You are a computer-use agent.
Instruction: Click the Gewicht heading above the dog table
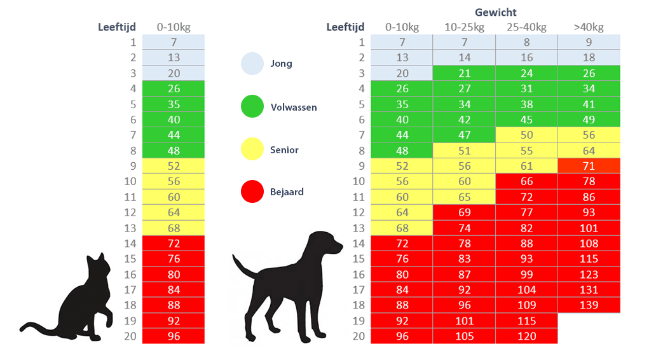pos(496,12)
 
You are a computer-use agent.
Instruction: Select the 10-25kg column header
pos(464,27)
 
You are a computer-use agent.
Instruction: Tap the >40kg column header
pos(589,27)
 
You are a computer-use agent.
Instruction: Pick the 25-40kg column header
pos(526,27)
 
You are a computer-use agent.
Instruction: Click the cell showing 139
pos(589,305)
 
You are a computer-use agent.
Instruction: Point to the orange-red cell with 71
pos(589,166)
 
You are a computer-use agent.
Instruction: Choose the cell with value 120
pos(526,336)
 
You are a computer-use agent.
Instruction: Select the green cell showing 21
pos(464,73)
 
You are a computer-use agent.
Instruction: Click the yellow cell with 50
pos(526,135)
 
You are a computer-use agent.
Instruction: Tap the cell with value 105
pos(464,336)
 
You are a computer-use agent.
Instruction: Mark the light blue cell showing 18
pos(589,57)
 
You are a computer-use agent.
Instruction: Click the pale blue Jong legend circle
pos(252,64)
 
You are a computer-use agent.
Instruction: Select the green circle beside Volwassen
pos(252,106)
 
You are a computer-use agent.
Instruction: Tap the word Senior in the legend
pos(284,149)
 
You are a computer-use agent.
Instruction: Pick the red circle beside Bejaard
pos(252,191)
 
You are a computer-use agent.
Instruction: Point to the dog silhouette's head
pos(325,243)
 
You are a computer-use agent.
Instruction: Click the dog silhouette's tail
pos(243,267)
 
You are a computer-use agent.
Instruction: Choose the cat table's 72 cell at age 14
pos(174,243)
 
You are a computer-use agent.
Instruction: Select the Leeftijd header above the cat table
pos(117,27)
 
